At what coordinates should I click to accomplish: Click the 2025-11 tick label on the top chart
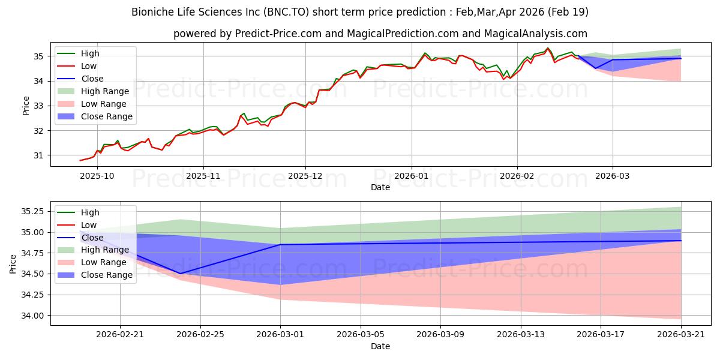point(203,176)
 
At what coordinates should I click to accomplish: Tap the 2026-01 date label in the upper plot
point(412,176)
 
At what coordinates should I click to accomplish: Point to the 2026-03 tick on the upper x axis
point(613,176)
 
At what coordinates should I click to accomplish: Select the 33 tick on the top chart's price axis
point(38,106)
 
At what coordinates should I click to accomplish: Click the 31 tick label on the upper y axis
point(38,155)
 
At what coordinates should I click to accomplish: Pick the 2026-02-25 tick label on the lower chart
point(200,335)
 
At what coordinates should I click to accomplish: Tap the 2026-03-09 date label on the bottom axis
point(440,335)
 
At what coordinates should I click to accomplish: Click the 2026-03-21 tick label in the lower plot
point(681,335)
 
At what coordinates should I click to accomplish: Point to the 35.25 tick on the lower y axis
point(32,211)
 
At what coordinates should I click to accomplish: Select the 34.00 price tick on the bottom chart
point(32,316)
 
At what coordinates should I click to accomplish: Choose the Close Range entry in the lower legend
point(95,275)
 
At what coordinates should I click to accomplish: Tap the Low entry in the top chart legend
point(77,66)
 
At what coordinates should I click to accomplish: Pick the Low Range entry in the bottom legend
point(92,262)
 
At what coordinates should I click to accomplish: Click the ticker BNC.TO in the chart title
point(286,12)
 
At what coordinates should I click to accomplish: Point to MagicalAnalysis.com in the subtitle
point(535,34)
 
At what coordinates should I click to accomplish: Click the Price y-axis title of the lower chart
point(13,264)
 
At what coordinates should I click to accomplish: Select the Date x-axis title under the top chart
point(380,187)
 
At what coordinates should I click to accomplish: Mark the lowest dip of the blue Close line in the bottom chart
point(181,274)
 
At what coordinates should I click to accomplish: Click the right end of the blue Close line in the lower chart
point(681,241)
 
